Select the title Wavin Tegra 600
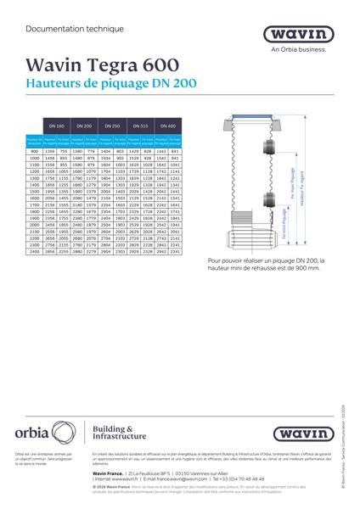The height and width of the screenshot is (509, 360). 103,65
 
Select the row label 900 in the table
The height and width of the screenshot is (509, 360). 35,150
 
